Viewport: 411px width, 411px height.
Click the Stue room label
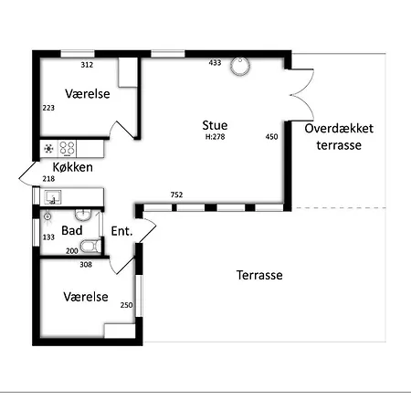(215, 125)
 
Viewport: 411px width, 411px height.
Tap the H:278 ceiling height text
(215, 137)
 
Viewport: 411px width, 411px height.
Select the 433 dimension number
(215, 63)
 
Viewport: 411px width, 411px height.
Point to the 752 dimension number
(176, 195)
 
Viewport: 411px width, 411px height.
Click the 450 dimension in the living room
(271, 137)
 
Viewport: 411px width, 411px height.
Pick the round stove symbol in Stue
(240, 66)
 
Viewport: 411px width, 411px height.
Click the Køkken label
(73, 167)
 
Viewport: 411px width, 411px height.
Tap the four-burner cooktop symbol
(67, 149)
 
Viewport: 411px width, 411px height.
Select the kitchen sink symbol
(53, 197)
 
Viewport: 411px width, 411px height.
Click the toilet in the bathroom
(90, 246)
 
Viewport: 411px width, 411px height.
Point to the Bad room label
(72, 230)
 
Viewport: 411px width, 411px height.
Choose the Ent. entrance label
(121, 231)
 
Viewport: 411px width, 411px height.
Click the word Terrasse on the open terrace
(259, 275)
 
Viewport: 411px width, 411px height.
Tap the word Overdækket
(339, 129)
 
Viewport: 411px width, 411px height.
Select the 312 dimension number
(87, 65)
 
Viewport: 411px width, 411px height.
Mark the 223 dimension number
(48, 108)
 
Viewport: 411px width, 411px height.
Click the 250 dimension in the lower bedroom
(126, 305)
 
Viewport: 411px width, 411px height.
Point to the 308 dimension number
(86, 265)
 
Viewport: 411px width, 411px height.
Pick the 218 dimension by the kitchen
(48, 179)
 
